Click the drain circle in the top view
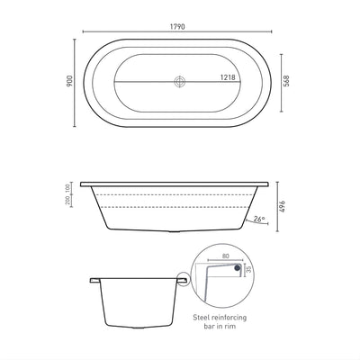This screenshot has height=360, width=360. point(180,81)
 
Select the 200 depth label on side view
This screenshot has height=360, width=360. point(68,208)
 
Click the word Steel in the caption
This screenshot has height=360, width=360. point(205,319)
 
